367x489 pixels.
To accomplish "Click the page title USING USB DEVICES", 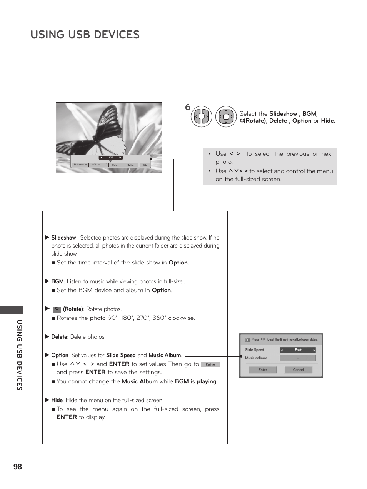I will pyautogui.click(x=85, y=35).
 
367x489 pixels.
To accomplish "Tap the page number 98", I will pyautogui.click(x=17, y=467).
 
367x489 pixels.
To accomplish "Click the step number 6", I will pyautogui.click(x=188, y=107).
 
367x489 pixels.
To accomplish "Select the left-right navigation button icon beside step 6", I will pyautogui.click(x=201, y=116).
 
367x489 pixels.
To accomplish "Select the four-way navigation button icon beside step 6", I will pyautogui.click(x=226, y=116).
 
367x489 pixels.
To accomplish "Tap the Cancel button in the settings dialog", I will pyautogui.click(x=298, y=370).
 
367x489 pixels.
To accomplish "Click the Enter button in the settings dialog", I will pyautogui.click(x=263, y=370).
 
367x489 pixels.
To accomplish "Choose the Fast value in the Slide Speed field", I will pyautogui.click(x=298, y=350).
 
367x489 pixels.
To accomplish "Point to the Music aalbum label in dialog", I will pyautogui.click(x=256, y=358).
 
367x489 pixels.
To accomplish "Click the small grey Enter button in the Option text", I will pyautogui.click(x=210, y=364).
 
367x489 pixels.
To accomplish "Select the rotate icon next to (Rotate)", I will pyautogui.click(x=57, y=309).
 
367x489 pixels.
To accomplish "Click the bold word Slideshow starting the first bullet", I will pyautogui.click(x=63, y=238).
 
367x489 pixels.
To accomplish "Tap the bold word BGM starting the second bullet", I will pyautogui.click(x=57, y=281).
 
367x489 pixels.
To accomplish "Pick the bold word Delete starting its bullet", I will pyautogui.click(x=59, y=337).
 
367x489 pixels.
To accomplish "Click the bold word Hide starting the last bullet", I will pyautogui.click(x=57, y=400).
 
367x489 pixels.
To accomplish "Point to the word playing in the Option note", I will pyautogui.click(x=207, y=381).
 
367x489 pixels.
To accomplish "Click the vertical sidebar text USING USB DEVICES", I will pyautogui.click(x=19, y=354).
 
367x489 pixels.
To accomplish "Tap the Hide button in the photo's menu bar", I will pyautogui.click(x=145, y=165).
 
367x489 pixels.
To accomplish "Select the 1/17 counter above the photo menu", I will pyautogui.click(x=110, y=158).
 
